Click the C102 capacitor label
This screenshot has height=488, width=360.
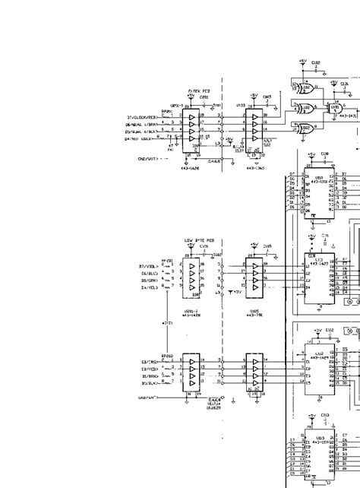316,62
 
